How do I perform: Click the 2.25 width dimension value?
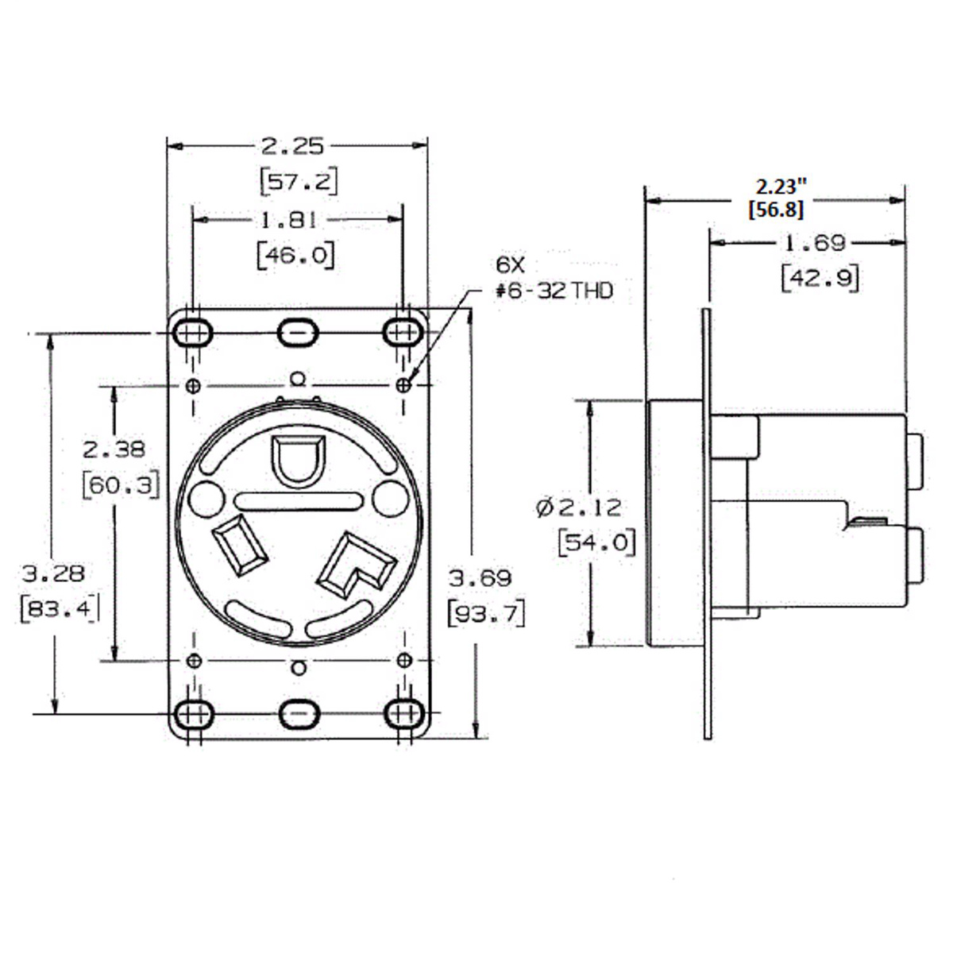coord(292,146)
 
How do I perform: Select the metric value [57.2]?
coord(299,182)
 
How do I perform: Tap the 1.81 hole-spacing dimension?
coord(288,221)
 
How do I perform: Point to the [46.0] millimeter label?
coord(295,256)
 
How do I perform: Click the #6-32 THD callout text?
coord(554,291)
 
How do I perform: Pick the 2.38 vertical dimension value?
coord(114,449)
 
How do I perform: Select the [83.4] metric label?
coord(60,610)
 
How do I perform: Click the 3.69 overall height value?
coord(479,577)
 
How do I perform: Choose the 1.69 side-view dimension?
coord(816,243)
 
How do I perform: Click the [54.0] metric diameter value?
coord(597,544)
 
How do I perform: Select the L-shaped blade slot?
coord(356,565)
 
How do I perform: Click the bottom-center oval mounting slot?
coord(299,713)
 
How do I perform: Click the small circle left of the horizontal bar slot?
coord(206,500)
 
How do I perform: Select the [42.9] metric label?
coord(820,280)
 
